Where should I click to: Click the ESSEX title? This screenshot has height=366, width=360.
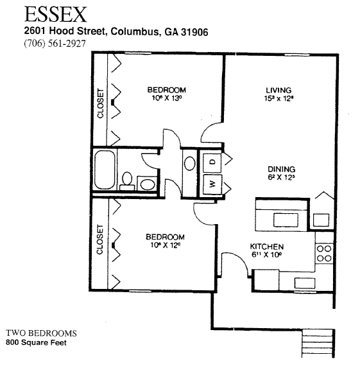tap(55, 14)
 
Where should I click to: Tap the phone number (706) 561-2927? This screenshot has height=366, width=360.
tap(55, 44)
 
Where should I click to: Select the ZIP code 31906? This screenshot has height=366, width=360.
tap(194, 31)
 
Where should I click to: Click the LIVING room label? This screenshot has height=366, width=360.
tap(279, 90)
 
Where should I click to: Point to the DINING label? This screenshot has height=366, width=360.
tap(281, 169)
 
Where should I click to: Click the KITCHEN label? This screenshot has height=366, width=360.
tap(267, 247)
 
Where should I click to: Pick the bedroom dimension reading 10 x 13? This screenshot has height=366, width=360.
tap(167, 98)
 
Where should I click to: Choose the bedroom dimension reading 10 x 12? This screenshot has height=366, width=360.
tap(166, 245)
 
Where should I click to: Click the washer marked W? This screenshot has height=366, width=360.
tap(212, 184)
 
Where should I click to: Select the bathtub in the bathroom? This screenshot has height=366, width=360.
tap(105, 170)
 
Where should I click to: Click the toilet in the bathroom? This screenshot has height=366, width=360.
tap(127, 181)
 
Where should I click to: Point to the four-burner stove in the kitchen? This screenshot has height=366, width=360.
tap(324, 253)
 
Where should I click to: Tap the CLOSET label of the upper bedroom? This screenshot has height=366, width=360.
tap(101, 103)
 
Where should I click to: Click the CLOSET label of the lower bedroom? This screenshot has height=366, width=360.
tap(99, 240)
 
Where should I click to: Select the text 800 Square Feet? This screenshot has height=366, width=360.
tap(36, 342)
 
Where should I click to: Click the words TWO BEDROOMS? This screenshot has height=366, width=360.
tap(41, 333)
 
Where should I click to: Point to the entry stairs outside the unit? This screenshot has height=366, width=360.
tap(318, 343)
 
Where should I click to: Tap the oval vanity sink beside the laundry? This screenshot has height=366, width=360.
tap(190, 163)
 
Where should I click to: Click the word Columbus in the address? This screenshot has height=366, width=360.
tap(135, 31)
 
